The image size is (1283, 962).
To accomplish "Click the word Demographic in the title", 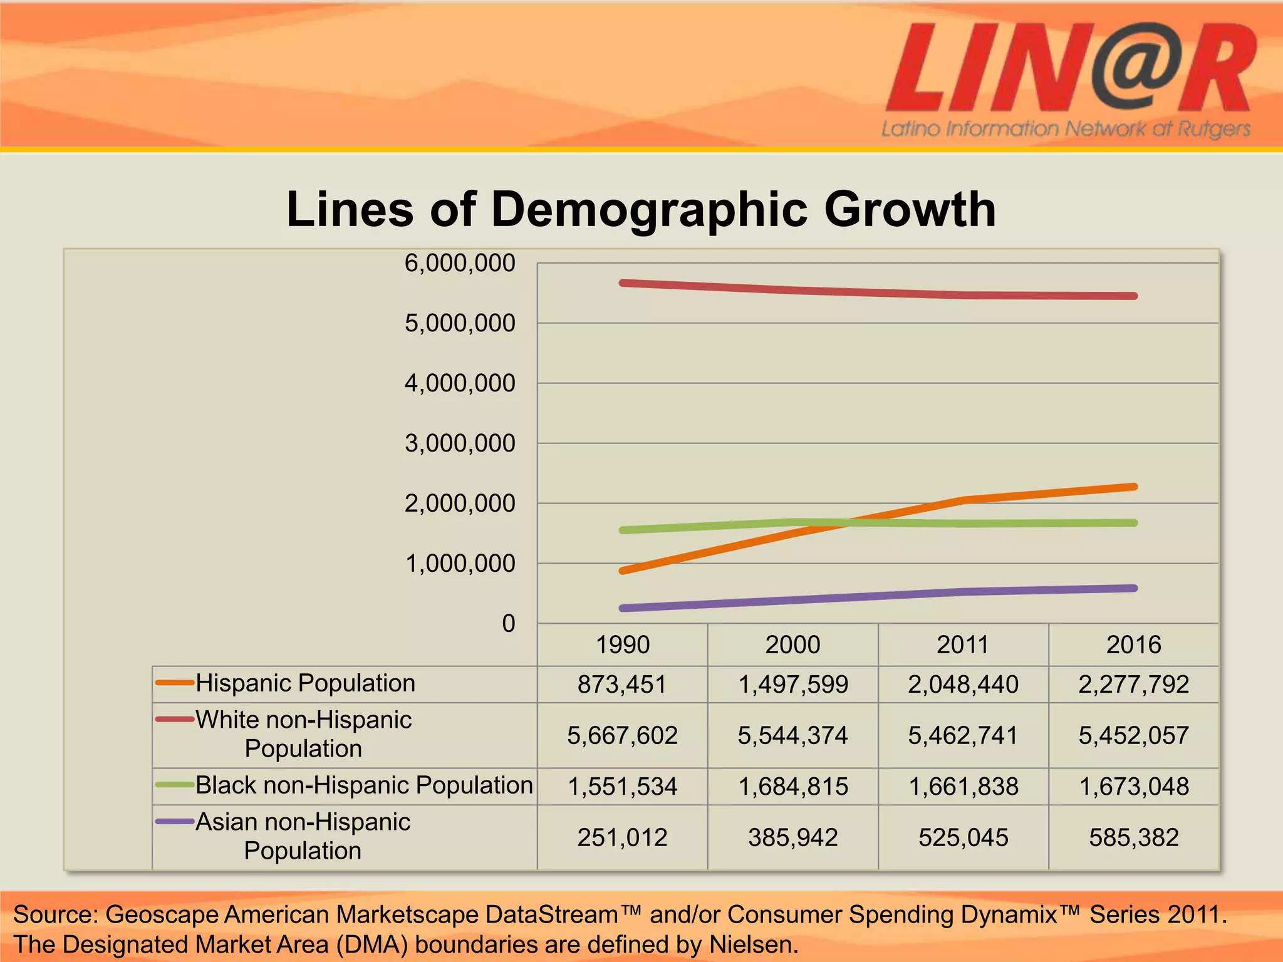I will (x=649, y=209).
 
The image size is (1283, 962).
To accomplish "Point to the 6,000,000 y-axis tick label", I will (x=459, y=263).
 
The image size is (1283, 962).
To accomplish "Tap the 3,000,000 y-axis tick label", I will (x=459, y=443).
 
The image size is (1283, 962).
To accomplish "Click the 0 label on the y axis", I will (x=508, y=624).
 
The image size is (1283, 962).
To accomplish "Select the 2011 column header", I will (x=963, y=644).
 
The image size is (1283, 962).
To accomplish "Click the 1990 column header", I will (x=622, y=644).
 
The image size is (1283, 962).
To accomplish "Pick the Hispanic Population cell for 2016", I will (x=1133, y=684).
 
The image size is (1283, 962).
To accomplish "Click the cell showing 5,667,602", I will (x=622, y=735).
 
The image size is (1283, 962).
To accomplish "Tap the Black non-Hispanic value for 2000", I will (x=792, y=787).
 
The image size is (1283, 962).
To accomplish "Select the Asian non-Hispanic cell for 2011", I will (x=963, y=837).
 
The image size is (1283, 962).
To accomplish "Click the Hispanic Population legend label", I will (x=305, y=683).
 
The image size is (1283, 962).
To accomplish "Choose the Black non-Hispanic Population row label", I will (x=364, y=785).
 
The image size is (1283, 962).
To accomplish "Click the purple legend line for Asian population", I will (x=174, y=821).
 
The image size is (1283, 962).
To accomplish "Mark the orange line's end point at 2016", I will (x=1134, y=487).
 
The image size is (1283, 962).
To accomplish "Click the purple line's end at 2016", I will (x=1134, y=588).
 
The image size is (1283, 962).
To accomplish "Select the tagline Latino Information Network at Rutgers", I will (x=1065, y=129).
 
